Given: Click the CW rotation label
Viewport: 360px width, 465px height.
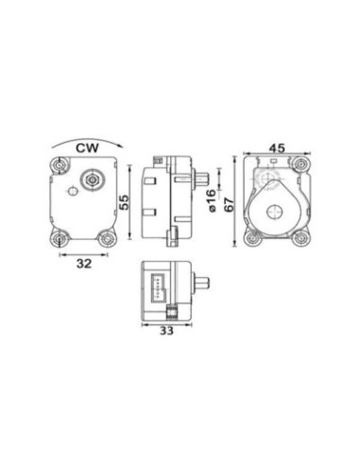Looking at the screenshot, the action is click(x=87, y=147).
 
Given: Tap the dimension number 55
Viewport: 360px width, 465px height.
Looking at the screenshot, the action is click(x=124, y=202).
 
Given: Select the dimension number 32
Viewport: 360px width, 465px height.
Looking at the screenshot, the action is click(x=84, y=264).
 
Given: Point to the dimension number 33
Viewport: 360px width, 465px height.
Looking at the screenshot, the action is click(x=166, y=331).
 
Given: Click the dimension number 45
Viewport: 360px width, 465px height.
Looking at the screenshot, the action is click(x=277, y=147).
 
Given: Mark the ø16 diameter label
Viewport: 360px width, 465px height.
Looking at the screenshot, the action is click(x=212, y=200).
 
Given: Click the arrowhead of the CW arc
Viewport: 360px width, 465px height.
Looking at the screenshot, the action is click(x=121, y=146).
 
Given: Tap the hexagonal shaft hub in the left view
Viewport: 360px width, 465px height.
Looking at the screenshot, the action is click(x=93, y=180).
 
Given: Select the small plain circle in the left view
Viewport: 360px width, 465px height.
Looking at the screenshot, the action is click(x=73, y=191).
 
